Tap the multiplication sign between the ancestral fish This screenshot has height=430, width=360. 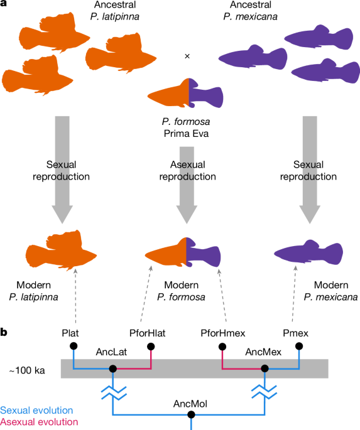187,56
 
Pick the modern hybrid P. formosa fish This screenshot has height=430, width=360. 186,255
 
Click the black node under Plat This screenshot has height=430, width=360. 74,346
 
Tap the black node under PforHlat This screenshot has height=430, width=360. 151,346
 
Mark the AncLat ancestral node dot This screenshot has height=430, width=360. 113,369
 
